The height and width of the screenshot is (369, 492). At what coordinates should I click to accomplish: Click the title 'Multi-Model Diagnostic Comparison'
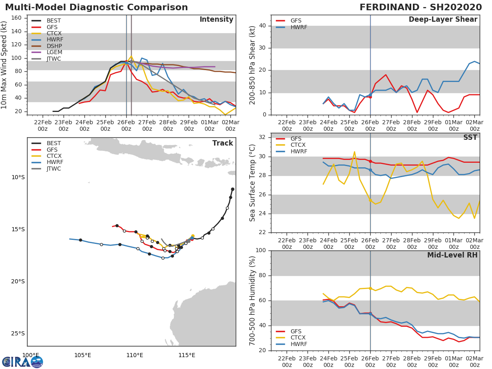[x=96, y=7]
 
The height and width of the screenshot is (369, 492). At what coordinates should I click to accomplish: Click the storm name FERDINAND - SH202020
[x=420, y=7]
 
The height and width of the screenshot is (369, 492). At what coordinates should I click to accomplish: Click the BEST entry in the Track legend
[x=54, y=143]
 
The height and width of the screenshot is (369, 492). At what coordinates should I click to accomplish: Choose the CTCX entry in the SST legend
[x=298, y=145]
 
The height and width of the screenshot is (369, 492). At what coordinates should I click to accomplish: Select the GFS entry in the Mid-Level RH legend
[x=298, y=331]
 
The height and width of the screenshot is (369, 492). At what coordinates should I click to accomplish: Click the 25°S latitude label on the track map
[x=18, y=333]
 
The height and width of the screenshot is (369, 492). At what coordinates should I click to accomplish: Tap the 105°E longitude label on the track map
[x=82, y=355]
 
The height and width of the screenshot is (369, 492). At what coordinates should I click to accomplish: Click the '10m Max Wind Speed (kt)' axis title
[x=4, y=66]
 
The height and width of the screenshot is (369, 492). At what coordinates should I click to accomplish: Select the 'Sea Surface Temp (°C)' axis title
[x=253, y=183]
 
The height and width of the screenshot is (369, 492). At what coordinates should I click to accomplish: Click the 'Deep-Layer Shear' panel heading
[x=443, y=20]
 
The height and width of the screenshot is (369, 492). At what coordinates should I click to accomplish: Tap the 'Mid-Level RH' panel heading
[x=452, y=255]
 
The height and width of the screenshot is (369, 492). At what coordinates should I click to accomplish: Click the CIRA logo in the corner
[x=22, y=362]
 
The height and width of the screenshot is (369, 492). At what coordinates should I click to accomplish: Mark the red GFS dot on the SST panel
[x=370, y=161]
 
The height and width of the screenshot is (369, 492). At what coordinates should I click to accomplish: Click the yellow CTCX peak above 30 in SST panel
[x=354, y=152]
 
